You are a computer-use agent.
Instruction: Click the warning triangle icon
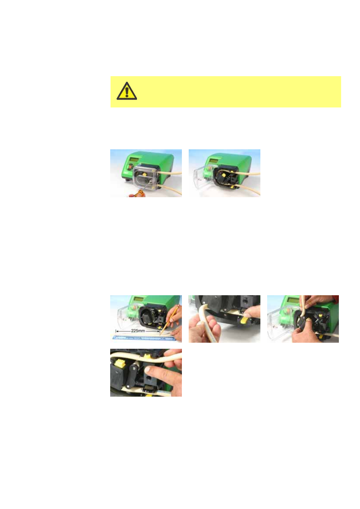tap(127, 91)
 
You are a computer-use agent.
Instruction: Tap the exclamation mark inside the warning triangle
tap(127, 92)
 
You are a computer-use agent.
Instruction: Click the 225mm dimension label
tap(138, 331)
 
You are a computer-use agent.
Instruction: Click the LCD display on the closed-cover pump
tap(134, 160)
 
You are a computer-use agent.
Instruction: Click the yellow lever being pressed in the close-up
tap(244, 320)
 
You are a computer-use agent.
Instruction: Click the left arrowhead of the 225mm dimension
tap(117, 331)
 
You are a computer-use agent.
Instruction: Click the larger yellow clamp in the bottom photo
tap(118, 364)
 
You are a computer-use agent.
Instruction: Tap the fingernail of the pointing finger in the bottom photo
tap(148, 369)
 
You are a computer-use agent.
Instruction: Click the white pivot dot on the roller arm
tap(128, 386)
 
